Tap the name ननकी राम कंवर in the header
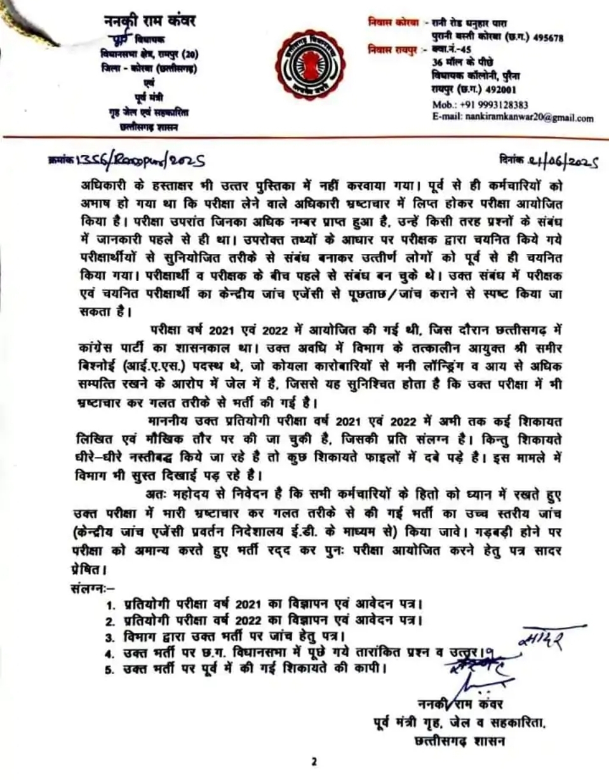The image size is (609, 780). coord(150,22)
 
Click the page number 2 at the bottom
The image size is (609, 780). coord(314,761)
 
